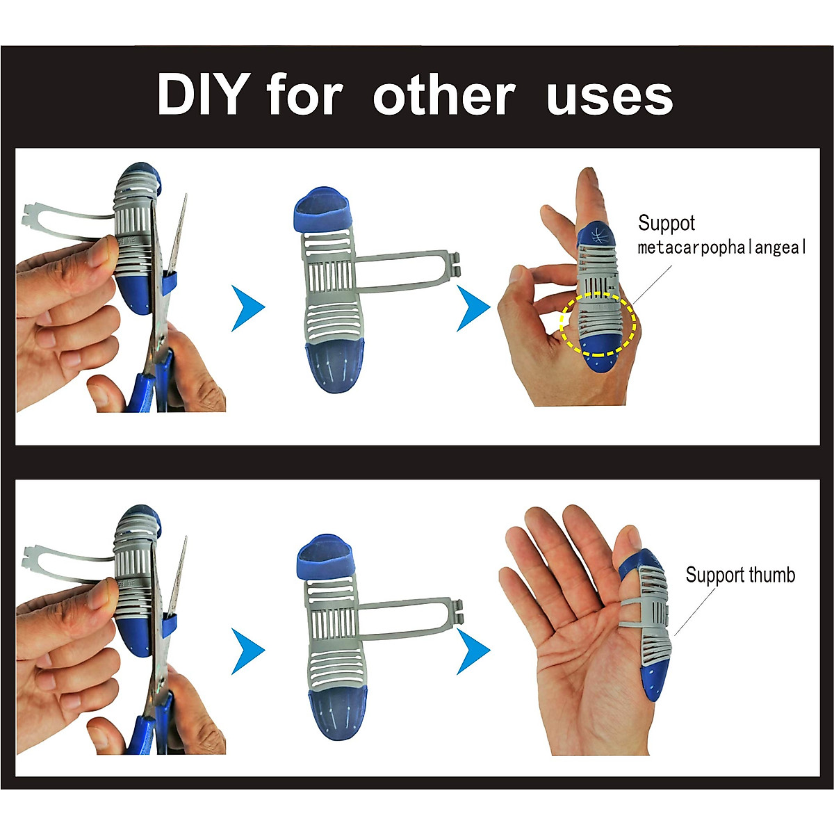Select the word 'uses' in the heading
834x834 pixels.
coord(609,96)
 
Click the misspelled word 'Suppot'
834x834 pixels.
coord(666,223)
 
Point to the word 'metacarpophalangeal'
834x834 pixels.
coord(721,248)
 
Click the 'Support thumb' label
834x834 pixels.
coord(739,575)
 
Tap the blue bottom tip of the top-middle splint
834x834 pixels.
coord(333,364)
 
